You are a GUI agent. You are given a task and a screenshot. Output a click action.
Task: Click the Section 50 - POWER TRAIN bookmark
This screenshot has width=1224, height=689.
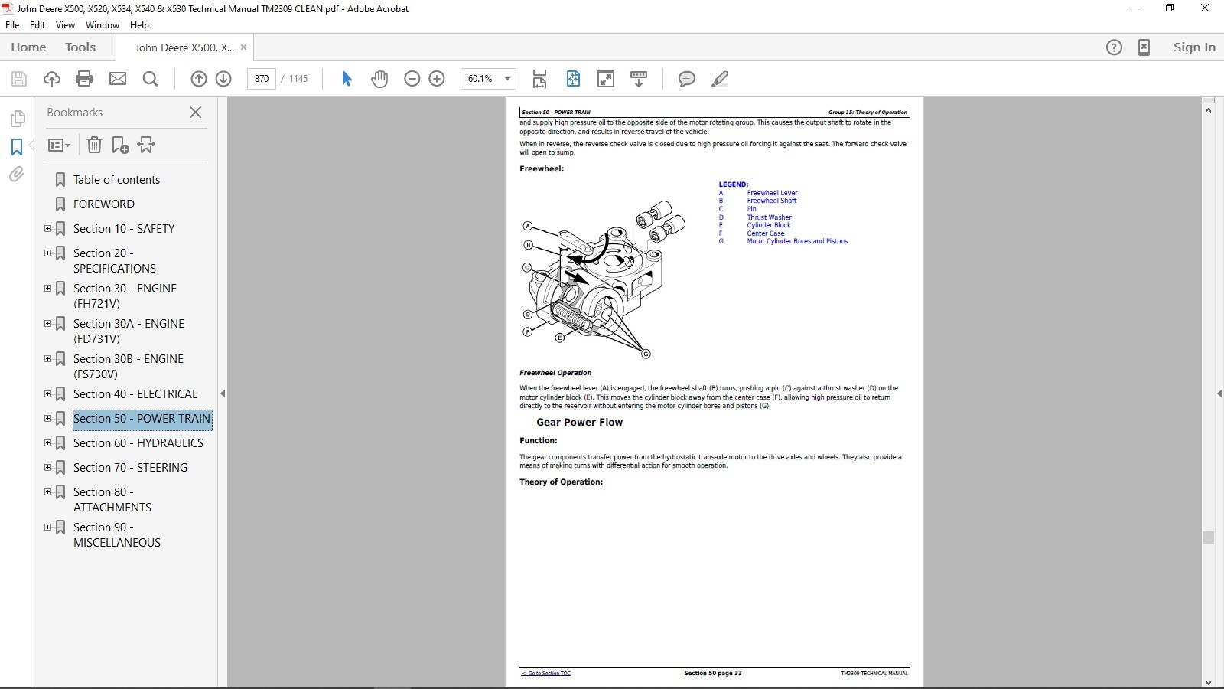coord(142,419)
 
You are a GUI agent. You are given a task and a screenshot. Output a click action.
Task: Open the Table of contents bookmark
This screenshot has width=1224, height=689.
coord(116,180)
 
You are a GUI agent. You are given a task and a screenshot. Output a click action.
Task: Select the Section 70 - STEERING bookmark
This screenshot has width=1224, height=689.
coord(130,468)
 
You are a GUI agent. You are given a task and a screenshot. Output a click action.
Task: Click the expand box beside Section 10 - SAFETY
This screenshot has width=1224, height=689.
coord(48,229)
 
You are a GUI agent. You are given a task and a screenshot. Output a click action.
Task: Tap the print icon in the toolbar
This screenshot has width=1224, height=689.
coord(84,79)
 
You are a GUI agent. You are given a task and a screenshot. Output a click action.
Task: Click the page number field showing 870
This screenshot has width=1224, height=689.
coord(262,79)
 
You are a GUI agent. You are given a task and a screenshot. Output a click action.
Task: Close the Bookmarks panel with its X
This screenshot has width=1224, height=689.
coord(195,113)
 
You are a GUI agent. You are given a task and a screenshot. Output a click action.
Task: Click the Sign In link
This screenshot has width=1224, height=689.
coord(1194,47)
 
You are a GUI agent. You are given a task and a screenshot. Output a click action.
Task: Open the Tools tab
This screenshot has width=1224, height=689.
coord(80,47)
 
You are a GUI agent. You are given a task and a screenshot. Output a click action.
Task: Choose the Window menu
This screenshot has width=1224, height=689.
coord(103,25)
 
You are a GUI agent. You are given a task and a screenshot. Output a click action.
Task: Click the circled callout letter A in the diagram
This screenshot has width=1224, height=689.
coord(527,226)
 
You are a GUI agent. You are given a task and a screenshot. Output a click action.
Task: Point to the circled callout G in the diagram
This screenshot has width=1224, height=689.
coord(646,354)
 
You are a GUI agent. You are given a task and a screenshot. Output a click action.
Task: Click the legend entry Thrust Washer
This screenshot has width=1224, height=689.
coord(769,217)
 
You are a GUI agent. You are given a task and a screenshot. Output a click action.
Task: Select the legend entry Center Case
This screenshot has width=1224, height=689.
coord(765,233)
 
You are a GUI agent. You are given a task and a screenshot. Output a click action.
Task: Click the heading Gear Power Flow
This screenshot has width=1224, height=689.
coord(579,422)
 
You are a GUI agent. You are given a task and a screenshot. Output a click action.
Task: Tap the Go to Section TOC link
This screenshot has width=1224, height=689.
coord(546,674)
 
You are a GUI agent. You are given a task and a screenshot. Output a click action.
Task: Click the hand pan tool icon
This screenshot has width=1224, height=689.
coord(379,79)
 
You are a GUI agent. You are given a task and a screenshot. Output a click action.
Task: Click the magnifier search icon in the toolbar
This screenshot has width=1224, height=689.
coord(151,79)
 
